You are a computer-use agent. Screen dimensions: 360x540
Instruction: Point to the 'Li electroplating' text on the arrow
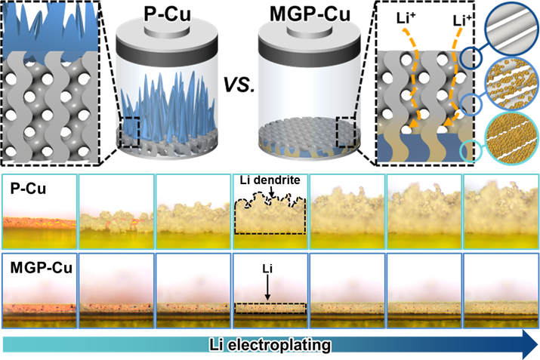click(270, 346)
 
